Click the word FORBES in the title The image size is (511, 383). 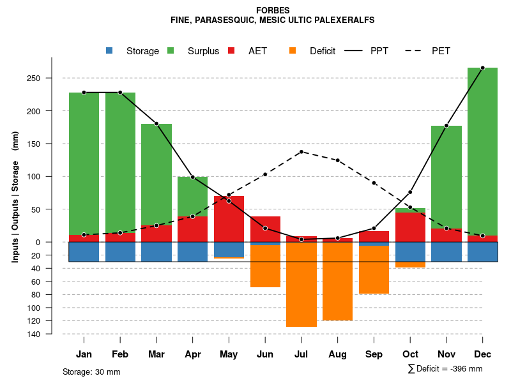tap(272, 10)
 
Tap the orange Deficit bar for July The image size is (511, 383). tap(301, 285)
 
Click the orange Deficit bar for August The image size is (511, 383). tap(337, 282)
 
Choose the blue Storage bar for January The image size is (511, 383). tap(84, 252)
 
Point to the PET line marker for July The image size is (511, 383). tap(301, 152)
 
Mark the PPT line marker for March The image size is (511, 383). tap(156, 124)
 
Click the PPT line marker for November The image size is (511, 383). tap(446, 126)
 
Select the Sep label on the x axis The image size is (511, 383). tap(374, 354)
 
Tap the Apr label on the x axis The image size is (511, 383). tap(193, 354)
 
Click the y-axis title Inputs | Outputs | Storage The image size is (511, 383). tap(15, 196)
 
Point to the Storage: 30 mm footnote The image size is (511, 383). tap(91, 372)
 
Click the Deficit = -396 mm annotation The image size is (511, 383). tap(445, 369)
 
